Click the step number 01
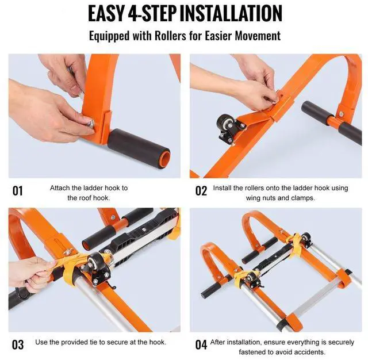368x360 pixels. click(17, 191)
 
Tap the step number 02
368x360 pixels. click(201, 191)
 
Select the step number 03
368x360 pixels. click(18, 344)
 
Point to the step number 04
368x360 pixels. click(201, 344)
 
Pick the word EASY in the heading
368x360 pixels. click(106, 13)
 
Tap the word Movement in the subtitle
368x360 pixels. click(258, 36)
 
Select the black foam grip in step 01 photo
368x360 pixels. click(139, 148)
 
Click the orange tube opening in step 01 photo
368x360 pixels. click(165, 159)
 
